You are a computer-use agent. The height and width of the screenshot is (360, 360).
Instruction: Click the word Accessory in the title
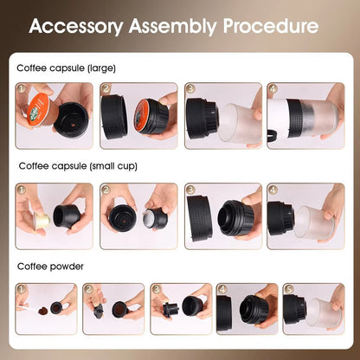point(76,26)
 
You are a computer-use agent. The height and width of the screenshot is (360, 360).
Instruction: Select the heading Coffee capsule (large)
point(66,67)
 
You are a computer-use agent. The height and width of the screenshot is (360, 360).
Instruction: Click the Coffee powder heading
point(50,267)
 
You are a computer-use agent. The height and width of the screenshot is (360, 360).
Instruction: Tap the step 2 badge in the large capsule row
point(106,88)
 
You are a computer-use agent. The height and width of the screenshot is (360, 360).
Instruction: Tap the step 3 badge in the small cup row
point(190,189)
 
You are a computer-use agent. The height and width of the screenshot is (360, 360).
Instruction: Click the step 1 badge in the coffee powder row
point(22,290)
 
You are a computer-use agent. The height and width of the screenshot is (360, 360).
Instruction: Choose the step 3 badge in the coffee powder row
point(157,290)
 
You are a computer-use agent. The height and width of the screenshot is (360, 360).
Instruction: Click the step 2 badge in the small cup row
point(106,189)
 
